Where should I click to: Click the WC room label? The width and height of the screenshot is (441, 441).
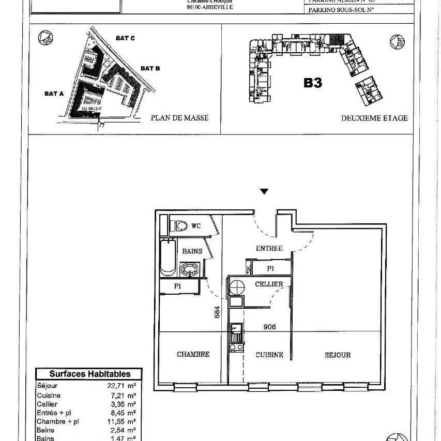click(196, 226)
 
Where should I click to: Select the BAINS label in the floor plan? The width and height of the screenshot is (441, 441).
click(192, 252)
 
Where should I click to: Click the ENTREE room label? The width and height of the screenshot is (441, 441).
click(269, 249)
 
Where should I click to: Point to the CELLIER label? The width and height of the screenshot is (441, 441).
click(269, 284)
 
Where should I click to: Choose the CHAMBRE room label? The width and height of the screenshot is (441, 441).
click(193, 354)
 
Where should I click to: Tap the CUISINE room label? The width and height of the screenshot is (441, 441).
click(269, 355)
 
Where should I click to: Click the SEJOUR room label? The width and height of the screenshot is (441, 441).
click(338, 355)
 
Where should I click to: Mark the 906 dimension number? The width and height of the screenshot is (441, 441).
click(269, 327)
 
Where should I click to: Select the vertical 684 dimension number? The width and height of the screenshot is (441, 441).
click(218, 312)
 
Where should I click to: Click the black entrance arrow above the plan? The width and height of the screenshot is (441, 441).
click(264, 192)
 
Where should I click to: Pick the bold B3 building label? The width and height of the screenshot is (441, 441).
click(313, 83)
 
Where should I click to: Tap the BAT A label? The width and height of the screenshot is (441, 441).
click(54, 94)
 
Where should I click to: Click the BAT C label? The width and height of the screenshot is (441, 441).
click(125, 38)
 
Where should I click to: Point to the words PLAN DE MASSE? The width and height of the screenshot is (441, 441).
click(179, 118)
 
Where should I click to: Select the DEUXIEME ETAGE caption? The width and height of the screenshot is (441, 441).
click(374, 118)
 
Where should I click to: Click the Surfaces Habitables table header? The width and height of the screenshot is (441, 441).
click(89, 374)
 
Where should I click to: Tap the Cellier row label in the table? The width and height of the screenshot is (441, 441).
click(47, 404)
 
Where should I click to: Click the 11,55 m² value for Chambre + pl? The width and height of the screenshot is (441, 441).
click(124, 421)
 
